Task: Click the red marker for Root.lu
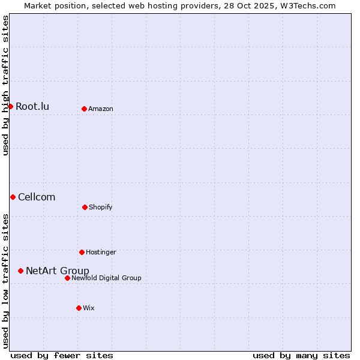tap(11, 107)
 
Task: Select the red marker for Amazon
tap(84, 109)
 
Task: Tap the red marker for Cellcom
tap(13, 197)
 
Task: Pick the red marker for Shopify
tap(85, 207)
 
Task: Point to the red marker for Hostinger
tap(82, 252)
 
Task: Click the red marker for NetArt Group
tap(20, 271)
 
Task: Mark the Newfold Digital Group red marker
tap(67, 278)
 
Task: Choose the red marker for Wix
tap(79, 308)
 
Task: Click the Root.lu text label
tap(32, 107)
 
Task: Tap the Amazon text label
tap(101, 109)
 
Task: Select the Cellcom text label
tap(37, 197)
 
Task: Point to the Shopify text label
tap(101, 207)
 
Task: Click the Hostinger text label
tap(101, 252)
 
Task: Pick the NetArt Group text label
tap(58, 271)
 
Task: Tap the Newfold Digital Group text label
tap(106, 278)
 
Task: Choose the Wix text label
tap(89, 308)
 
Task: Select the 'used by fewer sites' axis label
tap(62, 356)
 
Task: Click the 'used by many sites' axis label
tap(301, 356)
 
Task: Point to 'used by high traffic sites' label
tap(5, 85)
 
